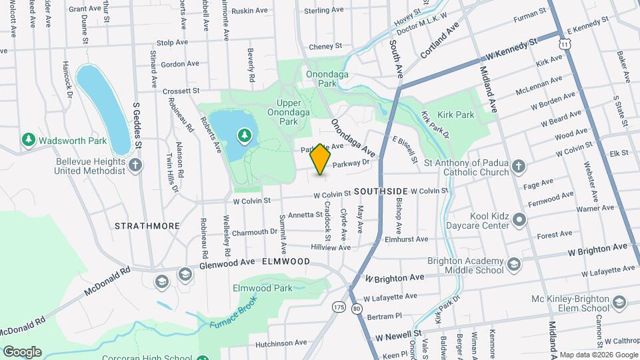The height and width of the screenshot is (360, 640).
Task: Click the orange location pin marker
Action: pos(321,159)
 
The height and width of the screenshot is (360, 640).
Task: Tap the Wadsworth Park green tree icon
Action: pos(28,140)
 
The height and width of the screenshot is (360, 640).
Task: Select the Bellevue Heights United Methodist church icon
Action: pos(135,165)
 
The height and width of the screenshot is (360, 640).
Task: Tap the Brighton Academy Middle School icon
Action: pos(513,265)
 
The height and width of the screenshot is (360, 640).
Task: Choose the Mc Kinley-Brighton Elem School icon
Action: pos(619,303)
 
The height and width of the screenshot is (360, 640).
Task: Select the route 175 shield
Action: pos(339,307)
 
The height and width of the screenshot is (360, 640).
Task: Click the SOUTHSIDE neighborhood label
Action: pos(381,191)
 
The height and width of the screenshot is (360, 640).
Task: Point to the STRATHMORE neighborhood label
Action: pos(147,226)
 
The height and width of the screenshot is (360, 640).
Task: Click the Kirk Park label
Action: pos(456,115)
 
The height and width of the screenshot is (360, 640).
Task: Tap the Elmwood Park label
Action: pos(262,289)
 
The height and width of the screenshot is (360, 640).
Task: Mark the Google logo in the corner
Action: pos(22,351)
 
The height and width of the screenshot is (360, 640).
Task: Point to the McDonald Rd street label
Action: pos(107,283)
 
